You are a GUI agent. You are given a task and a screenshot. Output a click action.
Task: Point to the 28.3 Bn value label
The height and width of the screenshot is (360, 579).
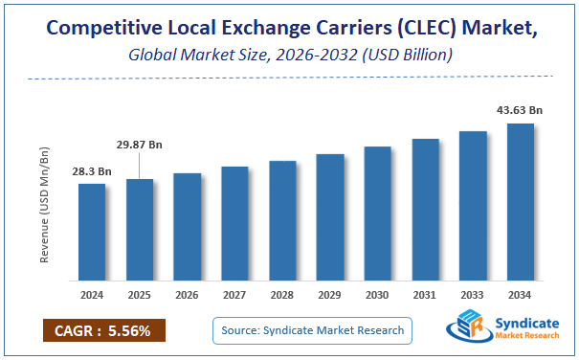pyautogui.click(x=92, y=171)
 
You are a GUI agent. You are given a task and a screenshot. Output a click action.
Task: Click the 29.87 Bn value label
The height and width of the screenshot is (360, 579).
pyautogui.click(x=140, y=145)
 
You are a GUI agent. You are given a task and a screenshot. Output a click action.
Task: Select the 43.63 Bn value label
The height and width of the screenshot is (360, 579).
pyautogui.click(x=520, y=111)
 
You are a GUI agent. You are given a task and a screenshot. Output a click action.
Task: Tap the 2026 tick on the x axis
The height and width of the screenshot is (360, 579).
pyautogui.click(x=187, y=295)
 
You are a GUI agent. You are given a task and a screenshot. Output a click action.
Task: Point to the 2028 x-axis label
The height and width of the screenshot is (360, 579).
pyautogui.click(x=282, y=295)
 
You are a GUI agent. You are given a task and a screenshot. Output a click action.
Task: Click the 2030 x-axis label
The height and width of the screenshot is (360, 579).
pyautogui.click(x=377, y=295)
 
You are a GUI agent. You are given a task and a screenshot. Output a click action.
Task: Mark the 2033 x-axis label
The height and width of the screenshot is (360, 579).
pyautogui.click(x=473, y=295)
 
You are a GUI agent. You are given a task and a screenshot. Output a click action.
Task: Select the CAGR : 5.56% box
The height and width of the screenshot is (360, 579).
pyautogui.click(x=103, y=331)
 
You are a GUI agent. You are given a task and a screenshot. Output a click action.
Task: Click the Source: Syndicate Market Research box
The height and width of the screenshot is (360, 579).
pyautogui.click(x=311, y=331)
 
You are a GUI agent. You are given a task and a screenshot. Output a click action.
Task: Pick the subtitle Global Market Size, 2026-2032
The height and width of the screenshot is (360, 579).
pyautogui.click(x=289, y=56)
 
